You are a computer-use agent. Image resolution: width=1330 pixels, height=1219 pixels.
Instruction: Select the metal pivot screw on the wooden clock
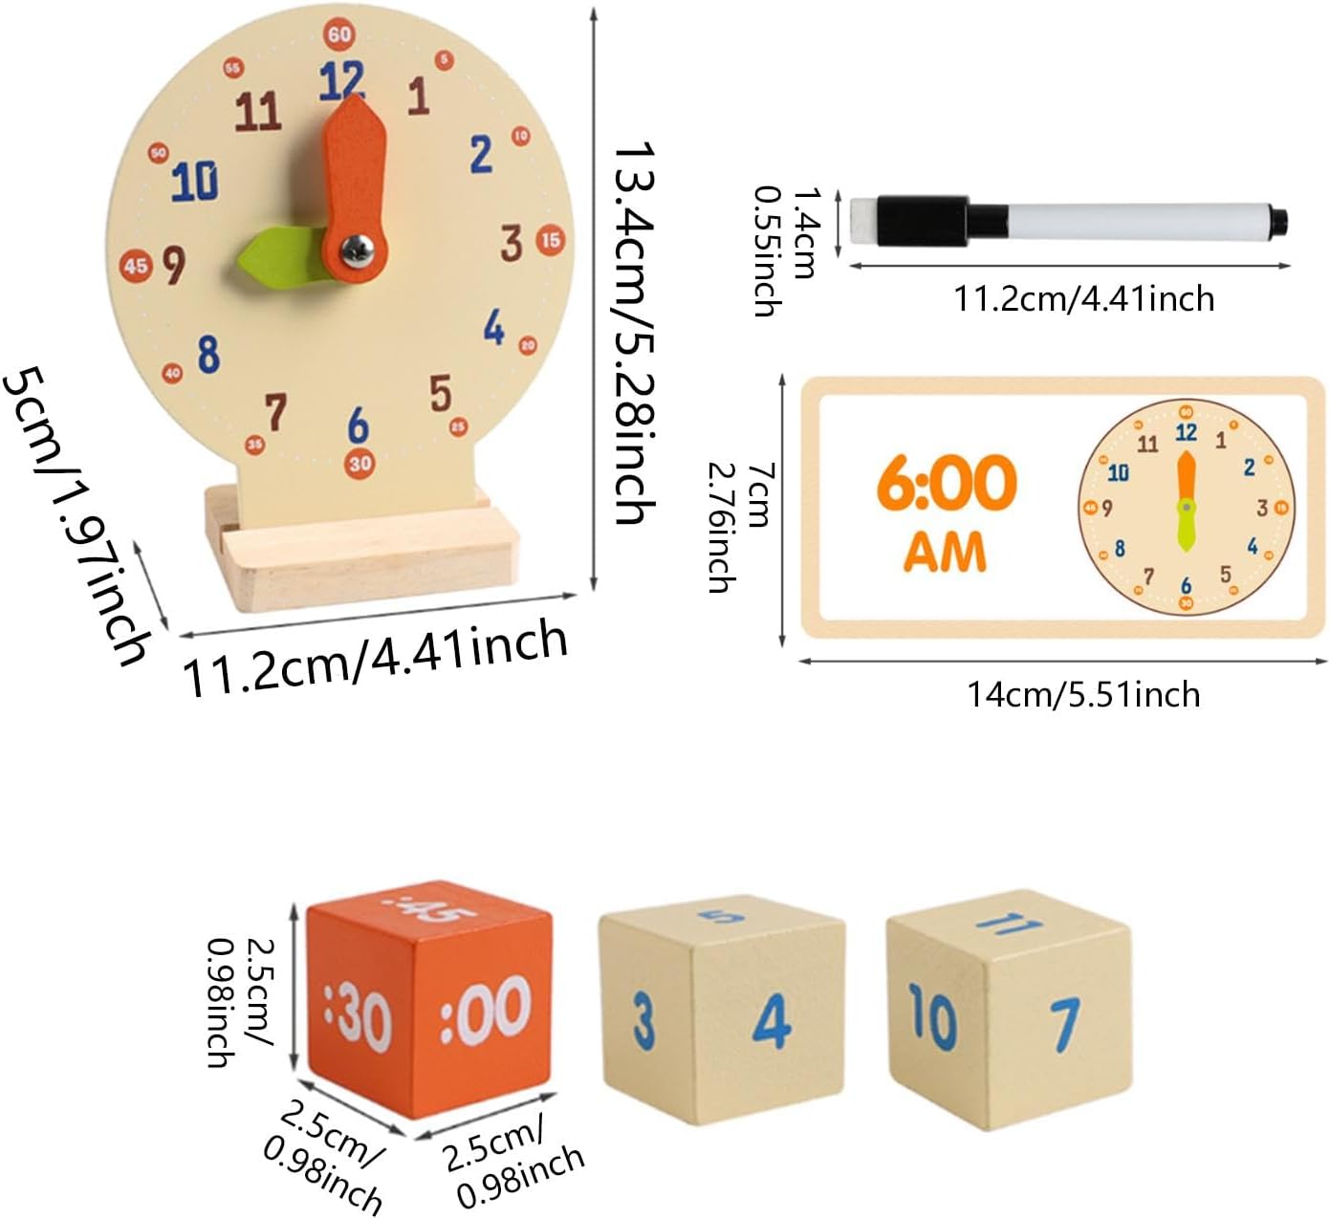pos(355,250)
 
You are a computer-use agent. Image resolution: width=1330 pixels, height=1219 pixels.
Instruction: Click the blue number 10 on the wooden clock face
pos(195,181)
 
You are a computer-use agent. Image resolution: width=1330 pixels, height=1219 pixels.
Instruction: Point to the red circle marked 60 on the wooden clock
pos(339,34)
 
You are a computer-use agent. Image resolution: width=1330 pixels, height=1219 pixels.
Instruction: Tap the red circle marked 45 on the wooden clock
pos(136,265)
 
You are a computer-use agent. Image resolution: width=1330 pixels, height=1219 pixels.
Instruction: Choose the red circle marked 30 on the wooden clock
pos(360,464)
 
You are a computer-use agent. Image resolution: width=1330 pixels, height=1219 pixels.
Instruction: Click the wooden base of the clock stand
pos(363,569)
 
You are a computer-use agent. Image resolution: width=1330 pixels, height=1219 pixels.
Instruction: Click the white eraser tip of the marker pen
pos(859,222)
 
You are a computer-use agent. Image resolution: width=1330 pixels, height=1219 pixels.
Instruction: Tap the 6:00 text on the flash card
pos(946,483)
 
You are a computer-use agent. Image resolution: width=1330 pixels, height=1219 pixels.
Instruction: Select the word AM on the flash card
pos(944,552)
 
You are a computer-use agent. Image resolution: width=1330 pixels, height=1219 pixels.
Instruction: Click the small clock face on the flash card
pos(1186,507)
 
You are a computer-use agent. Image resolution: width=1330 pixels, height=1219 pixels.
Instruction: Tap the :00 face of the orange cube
pos(486,1009)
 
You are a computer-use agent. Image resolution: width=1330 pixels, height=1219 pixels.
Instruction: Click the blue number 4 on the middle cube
pos(771,1021)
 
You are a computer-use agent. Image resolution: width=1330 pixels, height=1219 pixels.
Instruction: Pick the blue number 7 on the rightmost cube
pos(1066,1023)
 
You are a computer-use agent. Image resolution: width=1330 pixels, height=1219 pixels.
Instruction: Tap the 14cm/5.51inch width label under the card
pos(1083,693)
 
